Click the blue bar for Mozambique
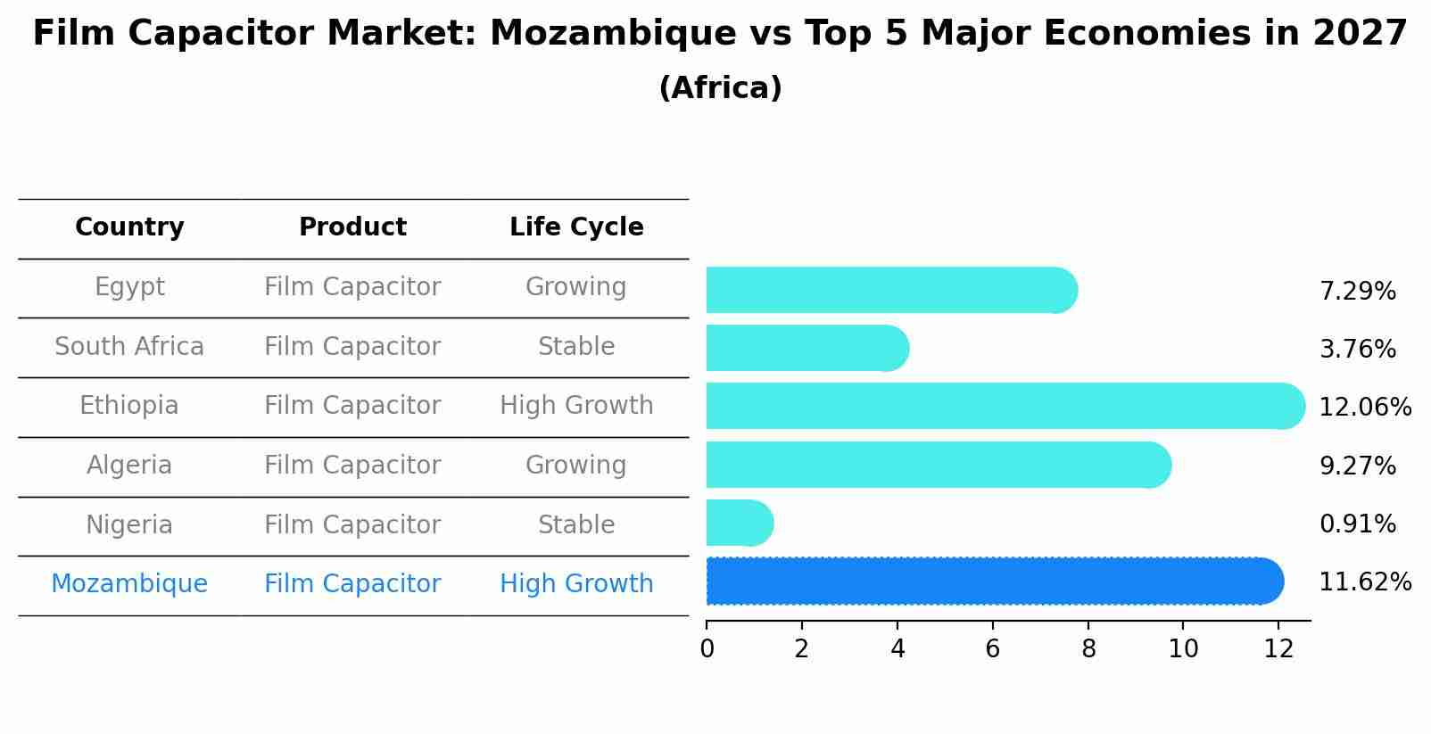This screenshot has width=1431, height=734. (x=990, y=581)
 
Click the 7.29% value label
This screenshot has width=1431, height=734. (x=1357, y=292)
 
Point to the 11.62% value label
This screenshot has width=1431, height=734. (x=1364, y=582)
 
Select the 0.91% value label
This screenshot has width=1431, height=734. (x=1357, y=524)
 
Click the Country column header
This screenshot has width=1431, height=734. (x=129, y=227)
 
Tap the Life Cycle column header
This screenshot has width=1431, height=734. (x=576, y=227)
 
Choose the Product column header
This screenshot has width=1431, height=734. (x=352, y=227)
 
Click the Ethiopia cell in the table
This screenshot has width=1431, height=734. (x=129, y=406)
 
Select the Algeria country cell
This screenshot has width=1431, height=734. (x=129, y=466)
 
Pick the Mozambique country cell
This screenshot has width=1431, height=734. (x=129, y=584)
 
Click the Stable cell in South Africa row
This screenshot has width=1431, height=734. (x=576, y=347)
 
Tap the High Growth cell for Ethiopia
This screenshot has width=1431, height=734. (x=576, y=406)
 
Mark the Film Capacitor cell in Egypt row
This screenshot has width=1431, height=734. (x=352, y=287)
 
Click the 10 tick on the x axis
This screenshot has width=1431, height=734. (x=1183, y=649)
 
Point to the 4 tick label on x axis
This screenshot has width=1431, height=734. (x=897, y=649)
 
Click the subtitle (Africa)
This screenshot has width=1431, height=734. (x=720, y=88)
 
